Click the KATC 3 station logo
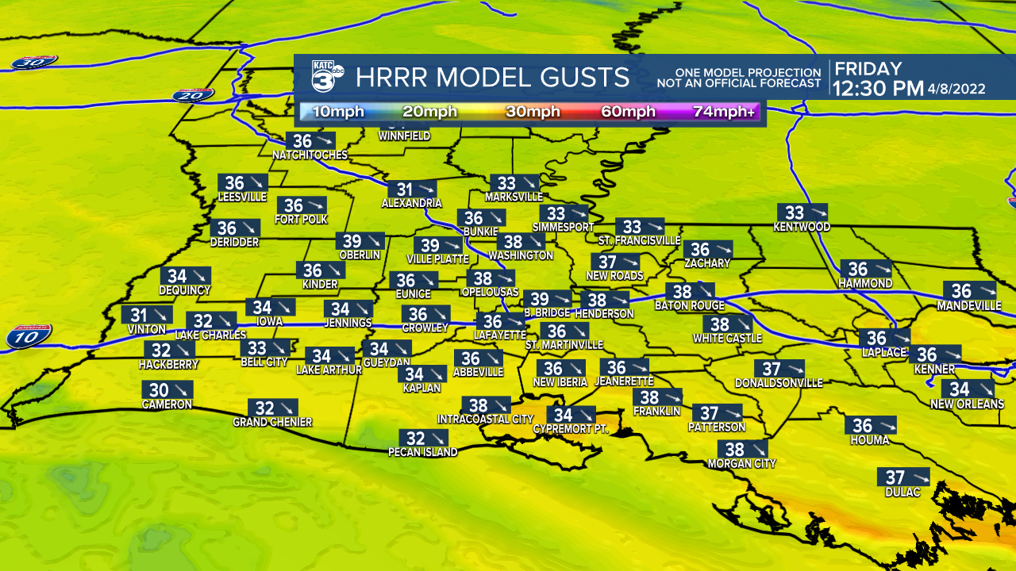(326, 77)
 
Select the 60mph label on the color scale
(628, 112)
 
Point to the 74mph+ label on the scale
(725, 112)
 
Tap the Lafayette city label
(501, 335)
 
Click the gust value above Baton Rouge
(679, 292)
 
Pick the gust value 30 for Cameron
(159, 390)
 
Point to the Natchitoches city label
(310, 155)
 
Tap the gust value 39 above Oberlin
(351, 242)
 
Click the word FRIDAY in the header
(867, 69)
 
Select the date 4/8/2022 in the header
(956, 89)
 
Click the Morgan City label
(741, 463)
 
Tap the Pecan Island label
(422, 452)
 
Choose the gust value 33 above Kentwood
(795, 213)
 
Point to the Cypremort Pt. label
(570, 429)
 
